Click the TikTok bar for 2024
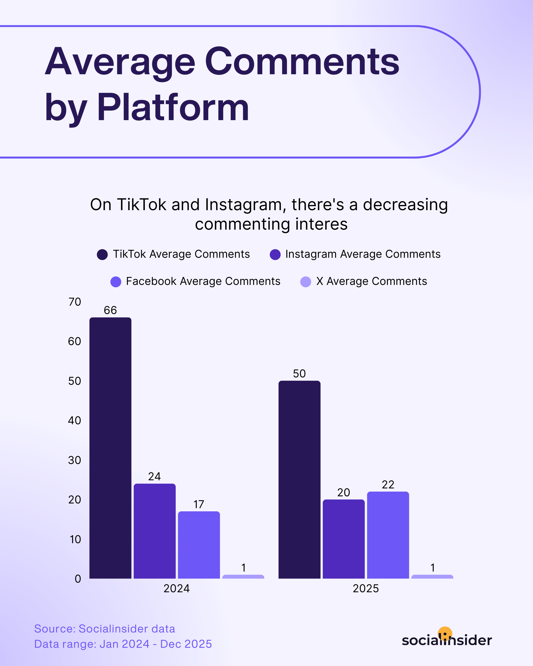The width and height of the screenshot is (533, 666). [110, 448]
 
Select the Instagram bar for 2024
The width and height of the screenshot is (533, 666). [154, 531]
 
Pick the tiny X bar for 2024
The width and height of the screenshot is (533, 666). [243, 577]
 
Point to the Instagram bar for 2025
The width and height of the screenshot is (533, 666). [343, 539]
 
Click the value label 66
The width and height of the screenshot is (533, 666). [110, 310]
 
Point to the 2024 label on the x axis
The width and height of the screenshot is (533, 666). [176, 589]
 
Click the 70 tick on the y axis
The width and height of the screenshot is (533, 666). [75, 302]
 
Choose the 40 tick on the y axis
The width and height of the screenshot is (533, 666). [75, 420]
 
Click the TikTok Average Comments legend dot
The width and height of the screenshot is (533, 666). [102, 255]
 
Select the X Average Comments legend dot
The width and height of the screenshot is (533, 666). [305, 282]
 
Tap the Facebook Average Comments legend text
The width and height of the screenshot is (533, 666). [203, 281]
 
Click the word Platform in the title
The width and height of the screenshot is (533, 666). [173, 108]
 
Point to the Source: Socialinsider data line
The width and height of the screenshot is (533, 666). [104, 629]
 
